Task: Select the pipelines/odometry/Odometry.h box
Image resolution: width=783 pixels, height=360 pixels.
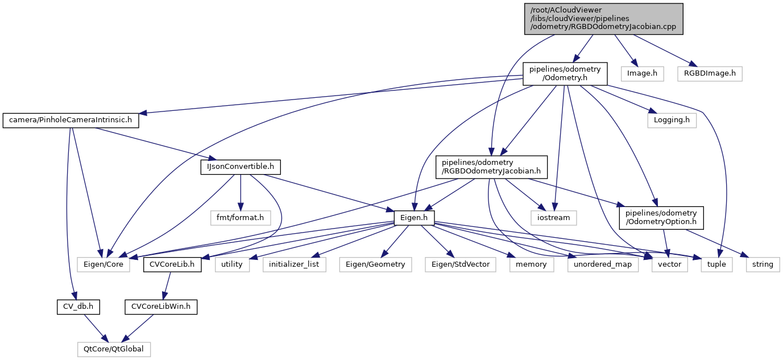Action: click(x=565, y=74)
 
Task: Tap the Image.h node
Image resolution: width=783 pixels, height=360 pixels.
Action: click(x=642, y=73)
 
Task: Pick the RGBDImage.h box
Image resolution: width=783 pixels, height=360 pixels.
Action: click(x=710, y=73)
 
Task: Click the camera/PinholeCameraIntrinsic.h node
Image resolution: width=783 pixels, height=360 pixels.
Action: click(x=71, y=121)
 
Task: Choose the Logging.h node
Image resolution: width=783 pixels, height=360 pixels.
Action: click(x=672, y=121)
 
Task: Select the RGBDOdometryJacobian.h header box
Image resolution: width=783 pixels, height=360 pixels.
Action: click(x=491, y=167)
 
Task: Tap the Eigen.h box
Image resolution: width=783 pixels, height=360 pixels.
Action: click(x=415, y=217)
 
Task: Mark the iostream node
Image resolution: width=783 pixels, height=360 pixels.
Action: click(x=554, y=217)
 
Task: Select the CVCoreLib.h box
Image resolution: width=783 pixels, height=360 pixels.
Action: click(x=172, y=264)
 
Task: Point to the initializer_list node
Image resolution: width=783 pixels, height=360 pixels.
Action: click(x=294, y=264)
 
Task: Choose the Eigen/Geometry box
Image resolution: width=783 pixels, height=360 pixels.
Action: click(x=376, y=264)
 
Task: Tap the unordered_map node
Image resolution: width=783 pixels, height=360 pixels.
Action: click(x=603, y=264)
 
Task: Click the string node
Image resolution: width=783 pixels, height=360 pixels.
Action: click(x=763, y=264)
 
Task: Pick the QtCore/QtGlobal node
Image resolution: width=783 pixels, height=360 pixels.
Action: click(x=114, y=349)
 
